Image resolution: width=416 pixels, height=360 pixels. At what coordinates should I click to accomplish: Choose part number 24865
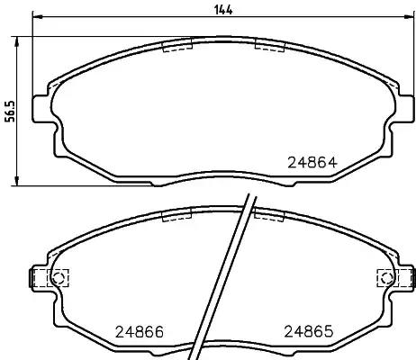point(310,330)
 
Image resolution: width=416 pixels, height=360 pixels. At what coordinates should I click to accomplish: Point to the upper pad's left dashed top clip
point(176,47)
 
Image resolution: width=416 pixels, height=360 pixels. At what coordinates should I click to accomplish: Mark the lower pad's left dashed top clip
point(176,214)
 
